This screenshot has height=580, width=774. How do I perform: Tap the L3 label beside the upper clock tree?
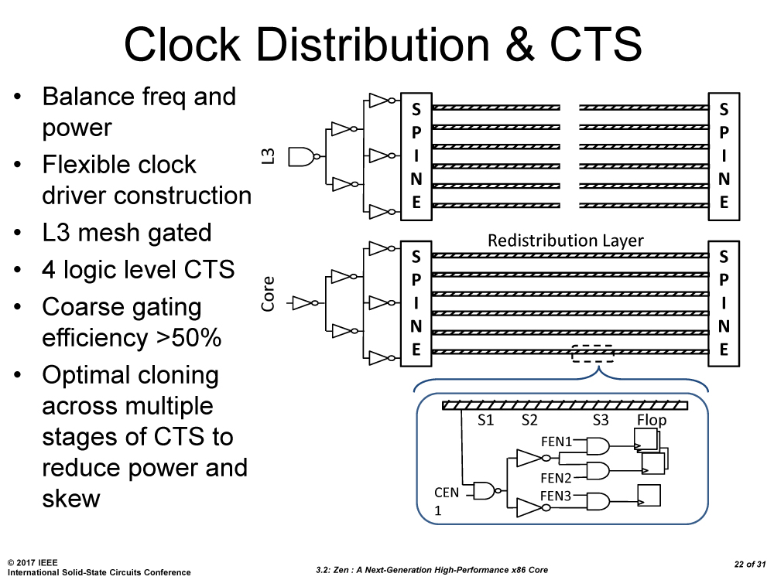(x=269, y=159)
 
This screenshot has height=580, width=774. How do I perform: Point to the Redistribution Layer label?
(x=565, y=241)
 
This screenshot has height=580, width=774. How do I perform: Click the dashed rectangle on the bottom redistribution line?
(x=593, y=353)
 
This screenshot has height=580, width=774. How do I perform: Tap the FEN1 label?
(x=555, y=442)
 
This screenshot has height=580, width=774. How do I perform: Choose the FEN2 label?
(x=555, y=478)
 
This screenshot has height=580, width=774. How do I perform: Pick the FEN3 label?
(x=555, y=496)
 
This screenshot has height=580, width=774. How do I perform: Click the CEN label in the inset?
(x=447, y=493)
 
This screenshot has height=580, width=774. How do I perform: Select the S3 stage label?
(x=601, y=421)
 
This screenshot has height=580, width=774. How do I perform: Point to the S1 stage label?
(x=485, y=421)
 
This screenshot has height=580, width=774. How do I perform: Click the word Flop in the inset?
(x=652, y=421)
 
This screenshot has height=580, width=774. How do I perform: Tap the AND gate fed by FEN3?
(x=598, y=501)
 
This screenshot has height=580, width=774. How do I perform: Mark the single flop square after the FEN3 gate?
(x=649, y=495)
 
